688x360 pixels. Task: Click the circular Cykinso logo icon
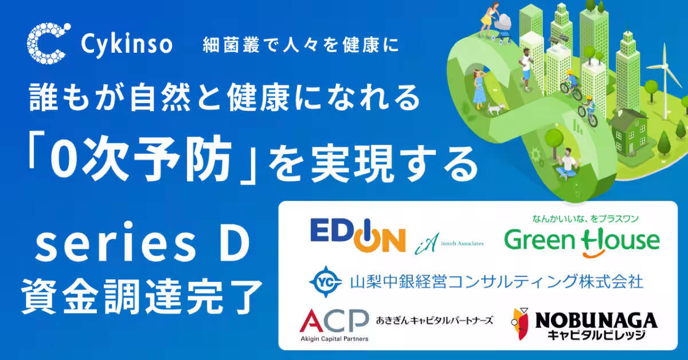click(x=48, y=44)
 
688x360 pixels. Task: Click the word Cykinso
click(x=127, y=44)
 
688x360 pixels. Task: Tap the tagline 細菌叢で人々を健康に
click(x=300, y=44)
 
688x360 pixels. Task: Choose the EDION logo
click(x=358, y=234)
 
